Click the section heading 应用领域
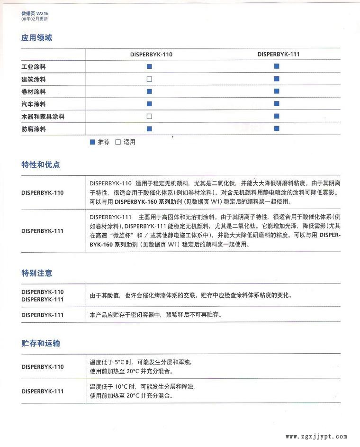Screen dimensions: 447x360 (x=36, y=38)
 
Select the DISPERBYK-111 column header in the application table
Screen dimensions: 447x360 (x=279, y=54)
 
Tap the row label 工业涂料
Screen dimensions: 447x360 (x=34, y=67)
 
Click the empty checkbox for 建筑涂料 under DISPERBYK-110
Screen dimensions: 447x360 (x=149, y=79)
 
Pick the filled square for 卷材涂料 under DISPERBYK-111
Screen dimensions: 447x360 (x=277, y=91)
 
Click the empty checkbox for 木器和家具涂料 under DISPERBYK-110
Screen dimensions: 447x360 (x=149, y=116)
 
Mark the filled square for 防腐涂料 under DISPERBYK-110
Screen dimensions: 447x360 (x=149, y=128)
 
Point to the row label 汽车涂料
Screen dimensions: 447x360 (x=34, y=104)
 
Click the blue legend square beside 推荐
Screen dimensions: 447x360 (x=92, y=142)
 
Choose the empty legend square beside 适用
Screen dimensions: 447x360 (x=118, y=142)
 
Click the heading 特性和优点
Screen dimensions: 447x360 (x=40, y=165)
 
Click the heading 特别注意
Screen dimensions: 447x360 (x=36, y=273)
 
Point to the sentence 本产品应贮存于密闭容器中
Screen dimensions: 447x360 (x=126, y=315)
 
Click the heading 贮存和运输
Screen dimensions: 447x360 (x=40, y=343)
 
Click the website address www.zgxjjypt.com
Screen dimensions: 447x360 (x=316, y=437)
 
